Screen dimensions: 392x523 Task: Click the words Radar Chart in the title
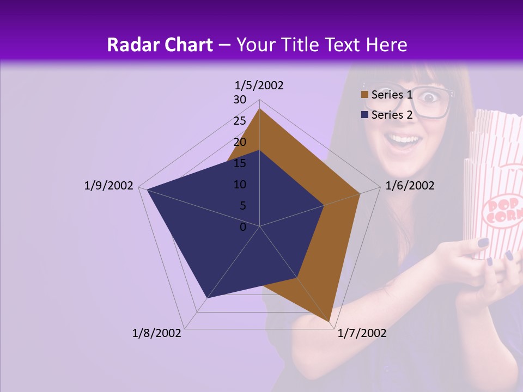[160, 45]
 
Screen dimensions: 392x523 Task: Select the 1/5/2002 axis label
[259, 85]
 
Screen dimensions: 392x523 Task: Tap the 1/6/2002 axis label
[410, 186]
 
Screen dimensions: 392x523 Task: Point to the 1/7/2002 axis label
[362, 333]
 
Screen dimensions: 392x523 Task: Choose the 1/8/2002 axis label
[157, 333]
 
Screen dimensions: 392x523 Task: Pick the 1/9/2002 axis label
[108, 186]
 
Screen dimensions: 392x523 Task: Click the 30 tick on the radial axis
[240, 100]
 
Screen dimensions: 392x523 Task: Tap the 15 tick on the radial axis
[240, 163]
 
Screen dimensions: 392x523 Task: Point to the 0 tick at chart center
[243, 227]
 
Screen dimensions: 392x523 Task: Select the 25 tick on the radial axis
[240, 121]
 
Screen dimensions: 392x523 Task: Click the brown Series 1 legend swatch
[364, 95]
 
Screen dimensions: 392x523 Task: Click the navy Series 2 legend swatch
[364, 115]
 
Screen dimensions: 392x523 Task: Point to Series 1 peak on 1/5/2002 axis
[259, 109]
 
